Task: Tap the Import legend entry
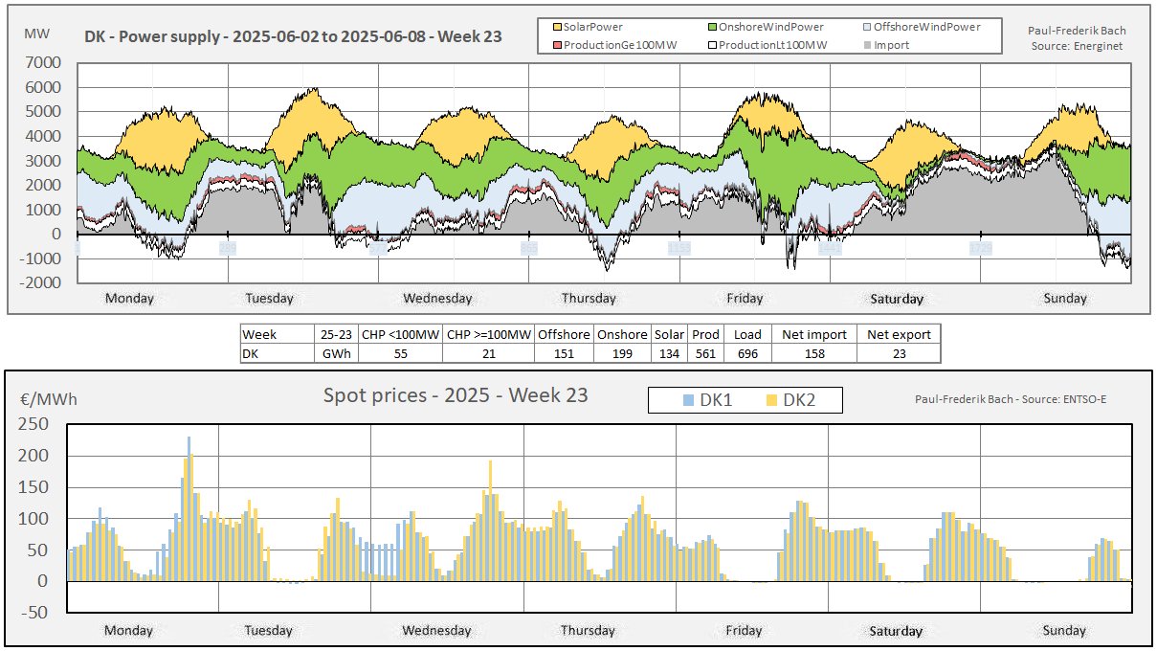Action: click(890, 45)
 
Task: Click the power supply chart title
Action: click(293, 37)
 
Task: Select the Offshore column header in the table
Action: click(563, 335)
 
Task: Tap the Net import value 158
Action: click(812, 353)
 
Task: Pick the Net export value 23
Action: click(898, 353)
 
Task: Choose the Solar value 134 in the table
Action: click(669, 353)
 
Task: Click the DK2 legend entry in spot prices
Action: click(793, 400)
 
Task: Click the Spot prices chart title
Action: click(455, 395)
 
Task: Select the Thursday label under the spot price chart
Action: click(588, 631)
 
